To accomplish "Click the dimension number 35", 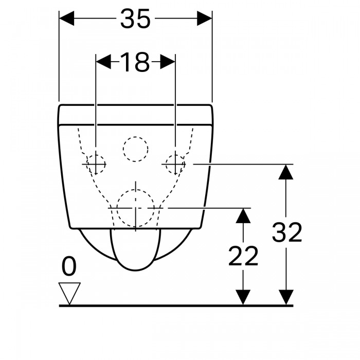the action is pyautogui.click(x=135, y=19).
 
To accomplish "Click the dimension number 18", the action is pyautogui.click(x=135, y=62).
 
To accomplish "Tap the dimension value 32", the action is pyautogui.click(x=287, y=232).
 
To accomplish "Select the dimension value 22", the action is pyautogui.click(x=243, y=256).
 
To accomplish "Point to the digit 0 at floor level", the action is pyautogui.click(x=69, y=266).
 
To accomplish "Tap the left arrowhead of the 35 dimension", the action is pyautogui.click(x=66, y=19).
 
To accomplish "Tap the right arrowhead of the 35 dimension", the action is pyautogui.click(x=205, y=19).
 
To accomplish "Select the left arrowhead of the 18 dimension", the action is pyautogui.click(x=103, y=62).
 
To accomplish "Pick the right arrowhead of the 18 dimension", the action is pyautogui.click(x=168, y=62).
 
